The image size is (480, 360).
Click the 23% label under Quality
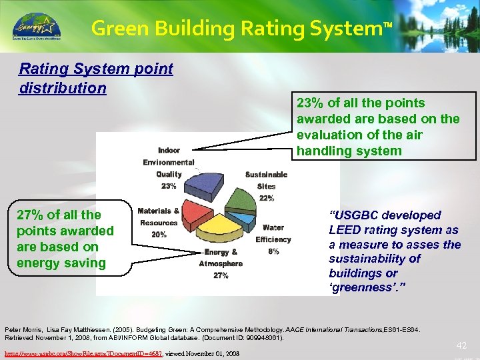(169, 186)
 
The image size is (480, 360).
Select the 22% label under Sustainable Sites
(266, 198)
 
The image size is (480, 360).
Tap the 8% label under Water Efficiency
(273, 251)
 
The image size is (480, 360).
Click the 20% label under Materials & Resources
(159, 235)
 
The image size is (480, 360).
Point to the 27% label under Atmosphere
(221, 275)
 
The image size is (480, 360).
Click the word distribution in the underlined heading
(63, 88)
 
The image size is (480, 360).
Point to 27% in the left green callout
(31, 215)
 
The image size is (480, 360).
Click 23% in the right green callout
(310, 103)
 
